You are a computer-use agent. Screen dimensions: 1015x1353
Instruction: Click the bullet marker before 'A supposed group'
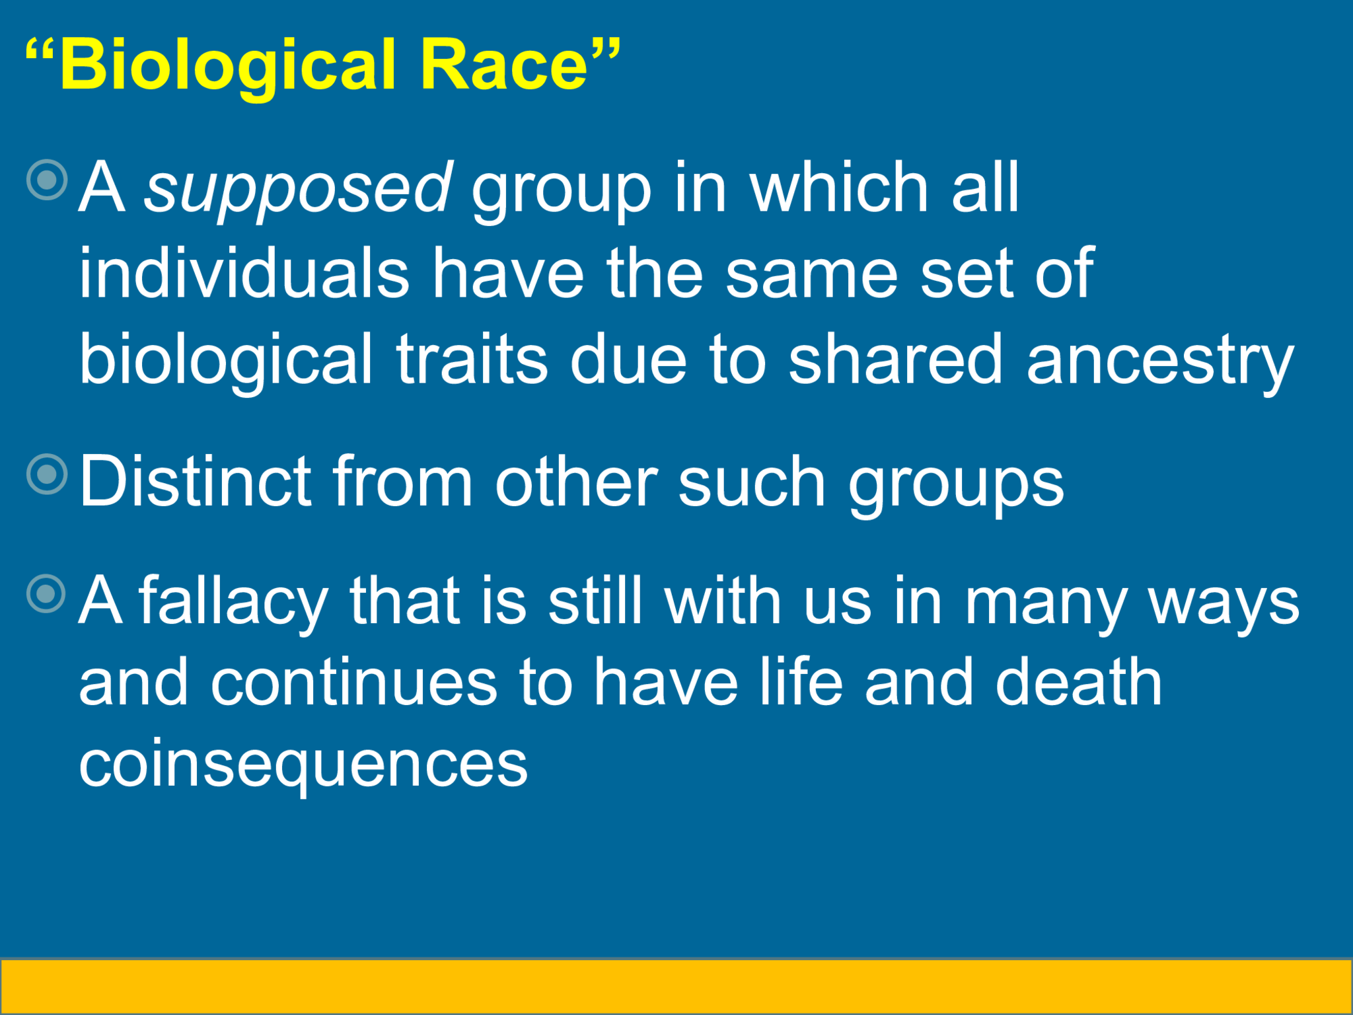click(48, 180)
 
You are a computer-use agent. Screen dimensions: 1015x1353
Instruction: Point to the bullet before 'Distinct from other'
click(48, 474)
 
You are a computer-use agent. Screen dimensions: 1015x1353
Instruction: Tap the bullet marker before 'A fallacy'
click(47, 593)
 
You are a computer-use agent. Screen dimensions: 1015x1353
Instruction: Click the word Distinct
click(196, 482)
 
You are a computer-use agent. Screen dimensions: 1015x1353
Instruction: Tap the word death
click(1078, 683)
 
